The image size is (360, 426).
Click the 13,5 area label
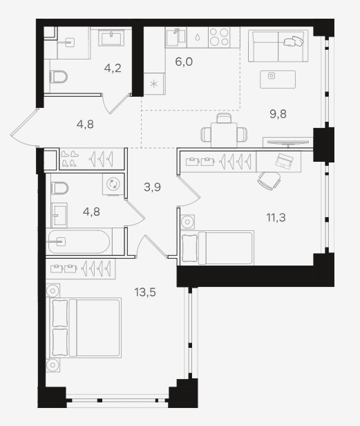145,293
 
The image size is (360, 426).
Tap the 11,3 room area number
276,217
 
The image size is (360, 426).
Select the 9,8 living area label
278,114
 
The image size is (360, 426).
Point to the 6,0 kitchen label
184,62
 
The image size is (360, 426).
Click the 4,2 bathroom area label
113,68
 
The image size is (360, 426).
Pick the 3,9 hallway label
152,187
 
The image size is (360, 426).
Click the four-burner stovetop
219,37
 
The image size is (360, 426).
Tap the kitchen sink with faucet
176,37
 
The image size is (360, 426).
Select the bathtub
79,241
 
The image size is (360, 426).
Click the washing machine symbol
113,184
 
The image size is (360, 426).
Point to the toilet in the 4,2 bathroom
59,77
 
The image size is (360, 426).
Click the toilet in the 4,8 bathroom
59,188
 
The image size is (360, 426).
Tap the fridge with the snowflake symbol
154,84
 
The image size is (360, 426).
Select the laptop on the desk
284,160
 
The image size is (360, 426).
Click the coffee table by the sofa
278,80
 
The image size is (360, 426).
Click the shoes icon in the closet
70,158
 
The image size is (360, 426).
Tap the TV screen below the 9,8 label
288,142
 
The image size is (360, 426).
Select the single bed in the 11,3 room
217,248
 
